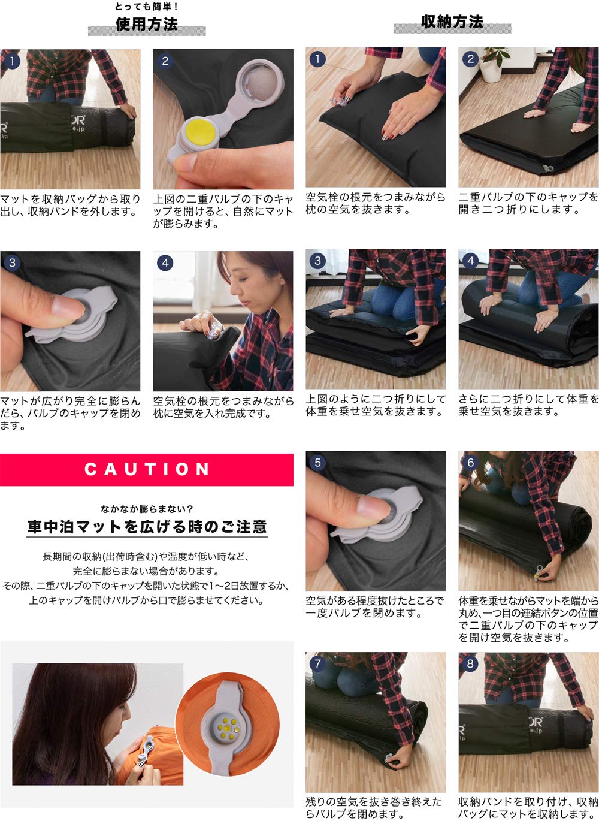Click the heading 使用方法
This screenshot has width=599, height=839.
click(147, 24)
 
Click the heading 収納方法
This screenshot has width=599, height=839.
click(452, 22)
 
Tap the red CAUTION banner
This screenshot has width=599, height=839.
click(147, 469)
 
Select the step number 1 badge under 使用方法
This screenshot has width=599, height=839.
click(12, 61)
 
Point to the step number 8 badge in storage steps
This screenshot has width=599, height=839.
click(470, 664)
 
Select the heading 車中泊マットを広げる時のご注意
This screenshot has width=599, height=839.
click(147, 527)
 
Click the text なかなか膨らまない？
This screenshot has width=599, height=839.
click(147, 509)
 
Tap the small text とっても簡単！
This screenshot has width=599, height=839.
click(147, 7)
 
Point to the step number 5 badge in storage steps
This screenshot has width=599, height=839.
click(317, 463)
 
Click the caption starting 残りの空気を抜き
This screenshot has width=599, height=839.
click(374, 807)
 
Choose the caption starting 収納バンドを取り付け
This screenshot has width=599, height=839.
click(528, 807)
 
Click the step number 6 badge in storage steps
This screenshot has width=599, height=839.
click(470, 463)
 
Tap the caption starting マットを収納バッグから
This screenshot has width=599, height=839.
click(70, 205)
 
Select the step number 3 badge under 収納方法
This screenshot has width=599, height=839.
click(317, 261)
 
